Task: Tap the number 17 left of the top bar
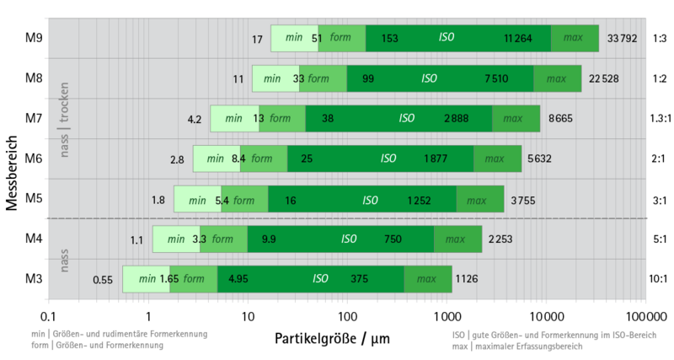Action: (x=258, y=39)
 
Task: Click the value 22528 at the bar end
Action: (x=605, y=78)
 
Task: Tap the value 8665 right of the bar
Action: (x=560, y=119)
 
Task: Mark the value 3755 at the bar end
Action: (x=523, y=200)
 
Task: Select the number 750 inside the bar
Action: (x=393, y=239)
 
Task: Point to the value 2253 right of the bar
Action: (x=500, y=239)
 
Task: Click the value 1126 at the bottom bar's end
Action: (x=467, y=279)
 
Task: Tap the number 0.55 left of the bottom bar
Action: (x=103, y=280)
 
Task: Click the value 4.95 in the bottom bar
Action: (x=238, y=279)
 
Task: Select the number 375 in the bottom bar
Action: (x=360, y=279)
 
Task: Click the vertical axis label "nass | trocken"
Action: (x=65, y=120)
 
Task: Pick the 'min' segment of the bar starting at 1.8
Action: (x=197, y=200)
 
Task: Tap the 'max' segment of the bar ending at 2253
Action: (x=456, y=239)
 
